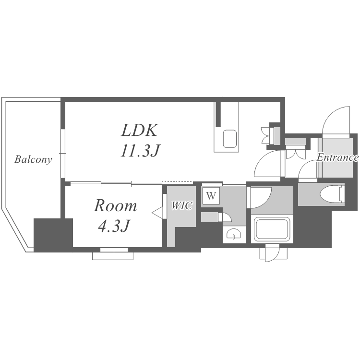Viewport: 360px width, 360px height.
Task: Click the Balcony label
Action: click(x=33, y=159)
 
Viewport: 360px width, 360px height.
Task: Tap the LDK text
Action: click(x=140, y=130)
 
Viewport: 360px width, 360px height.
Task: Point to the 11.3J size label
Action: click(x=140, y=150)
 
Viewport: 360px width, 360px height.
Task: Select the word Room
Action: click(x=115, y=205)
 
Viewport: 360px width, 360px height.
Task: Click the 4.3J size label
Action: click(x=114, y=226)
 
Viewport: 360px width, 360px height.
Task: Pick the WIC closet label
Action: click(x=182, y=205)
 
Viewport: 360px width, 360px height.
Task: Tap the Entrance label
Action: click(x=337, y=157)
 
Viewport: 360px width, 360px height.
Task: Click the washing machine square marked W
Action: click(x=211, y=196)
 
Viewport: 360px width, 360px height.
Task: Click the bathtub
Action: click(x=272, y=229)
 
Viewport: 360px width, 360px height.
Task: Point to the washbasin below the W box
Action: click(x=234, y=234)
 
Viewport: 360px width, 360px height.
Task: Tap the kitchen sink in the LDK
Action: click(x=230, y=139)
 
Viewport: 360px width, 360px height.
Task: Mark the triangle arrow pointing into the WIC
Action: click(x=157, y=212)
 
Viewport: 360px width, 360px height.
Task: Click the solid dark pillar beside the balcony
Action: click(x=53, y=235)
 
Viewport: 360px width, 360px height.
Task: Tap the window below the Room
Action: click(x=114, y=250)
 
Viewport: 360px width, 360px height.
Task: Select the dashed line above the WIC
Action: click(x=177, y=182)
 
